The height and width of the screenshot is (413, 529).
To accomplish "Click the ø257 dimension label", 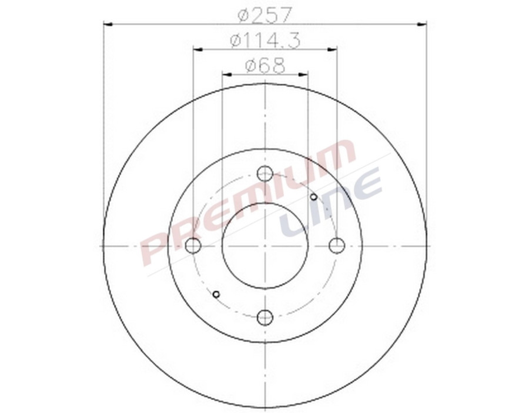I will coord(265,13).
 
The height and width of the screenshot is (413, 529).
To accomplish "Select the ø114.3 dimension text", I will coord(265,40).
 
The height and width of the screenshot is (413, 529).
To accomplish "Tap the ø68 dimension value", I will coord(265,65).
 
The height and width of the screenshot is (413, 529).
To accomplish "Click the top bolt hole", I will coord(265,174).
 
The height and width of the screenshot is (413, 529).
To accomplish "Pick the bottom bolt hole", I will coord(265,317).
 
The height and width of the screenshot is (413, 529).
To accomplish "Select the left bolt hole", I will coord(193,245).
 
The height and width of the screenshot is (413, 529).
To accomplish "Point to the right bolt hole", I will coord(337,245).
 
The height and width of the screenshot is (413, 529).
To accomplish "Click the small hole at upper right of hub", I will coord(314,196).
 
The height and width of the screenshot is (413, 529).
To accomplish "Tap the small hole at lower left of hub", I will coord(216,294).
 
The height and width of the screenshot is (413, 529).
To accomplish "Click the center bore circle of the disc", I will coord(265,245).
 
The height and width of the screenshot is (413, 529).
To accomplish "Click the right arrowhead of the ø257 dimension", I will coord(422,24).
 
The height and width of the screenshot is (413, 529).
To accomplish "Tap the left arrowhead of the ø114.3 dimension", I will coord(197,49).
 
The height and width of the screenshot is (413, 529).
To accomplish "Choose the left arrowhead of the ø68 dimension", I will coord(226,75).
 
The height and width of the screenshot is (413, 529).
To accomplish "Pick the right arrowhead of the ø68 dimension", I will coord(304,75).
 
